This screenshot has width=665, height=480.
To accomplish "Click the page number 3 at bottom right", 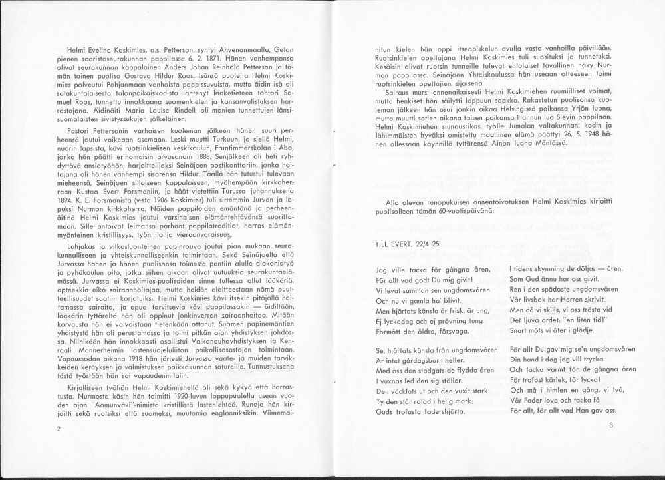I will (610, 426).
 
